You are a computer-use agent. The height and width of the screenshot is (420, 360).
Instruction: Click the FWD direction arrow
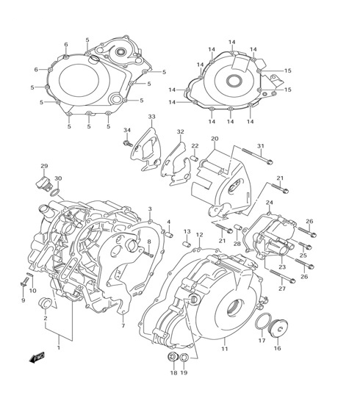[x=37, y=358]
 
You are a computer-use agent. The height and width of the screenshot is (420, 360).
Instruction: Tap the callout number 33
[x=152, y=117]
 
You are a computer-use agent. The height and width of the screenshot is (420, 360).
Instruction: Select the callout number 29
[x=44, y=166]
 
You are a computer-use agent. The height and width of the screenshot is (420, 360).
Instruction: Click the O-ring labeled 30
[x=54, y=192]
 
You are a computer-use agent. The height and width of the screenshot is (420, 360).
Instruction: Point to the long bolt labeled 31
[x=258, y=156]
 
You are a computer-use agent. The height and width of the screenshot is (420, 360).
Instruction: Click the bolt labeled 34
[x=128, y=143]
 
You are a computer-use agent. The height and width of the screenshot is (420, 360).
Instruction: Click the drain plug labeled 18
[x=173, y=357]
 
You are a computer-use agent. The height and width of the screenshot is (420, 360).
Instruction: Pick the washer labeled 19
[x=184, y=357]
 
